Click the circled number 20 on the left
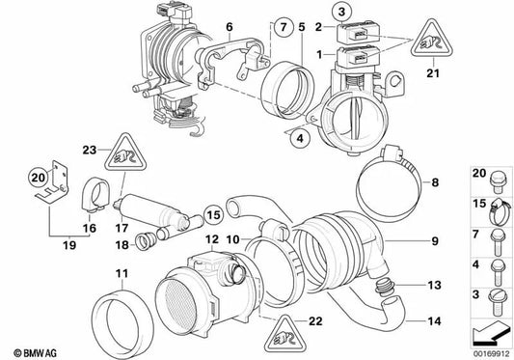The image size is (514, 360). point(36,177)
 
